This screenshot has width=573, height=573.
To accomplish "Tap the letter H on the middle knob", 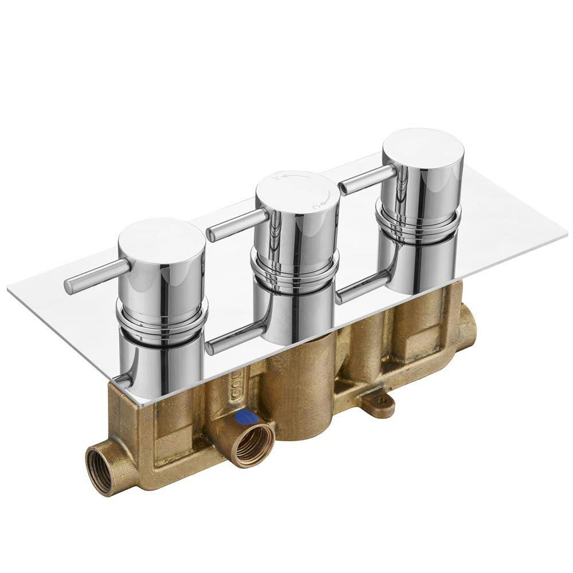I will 276,178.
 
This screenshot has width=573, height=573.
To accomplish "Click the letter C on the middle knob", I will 316,206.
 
